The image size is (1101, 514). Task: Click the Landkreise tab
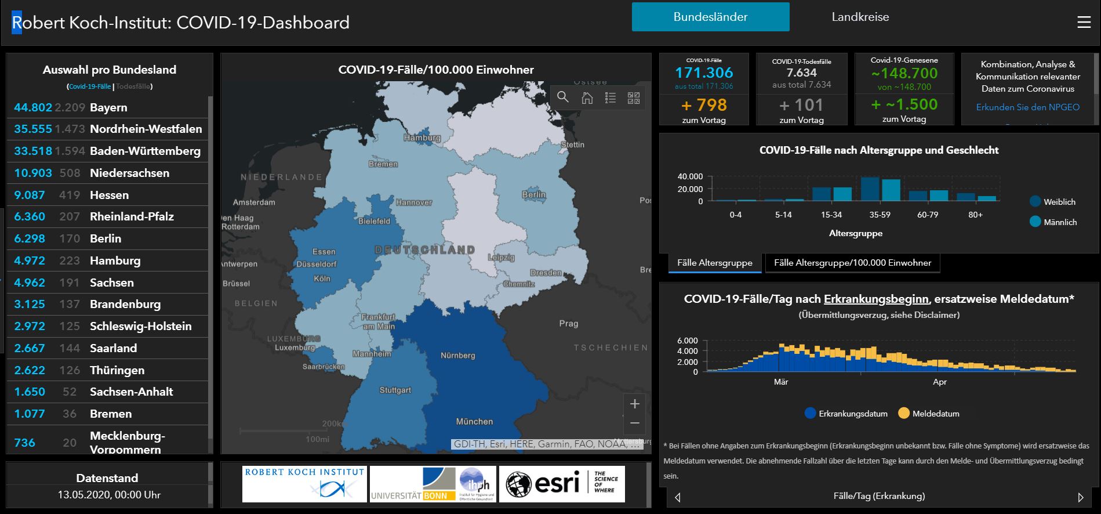pyautogui.click(x=860, y=17)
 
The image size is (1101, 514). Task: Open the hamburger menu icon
pyautogui.click(x=1084, y=22)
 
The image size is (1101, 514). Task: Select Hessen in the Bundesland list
pyautogui.click(x=109, y=195)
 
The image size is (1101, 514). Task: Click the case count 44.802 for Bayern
pyautogui.click(x=33, y=107)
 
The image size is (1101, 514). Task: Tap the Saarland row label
pyautogui.click(x=113, y=348)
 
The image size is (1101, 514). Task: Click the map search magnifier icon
pyautogui.click(x=563, y=97)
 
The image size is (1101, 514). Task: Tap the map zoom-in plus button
pyautogui.click(x=634, y=404)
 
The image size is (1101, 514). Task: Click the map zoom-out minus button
pyautogui.click(x=634, y=423)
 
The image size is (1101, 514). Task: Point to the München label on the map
pyautogui.click(x=474, y=422)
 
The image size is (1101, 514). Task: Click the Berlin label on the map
pyautogui.click(x=533, y=195)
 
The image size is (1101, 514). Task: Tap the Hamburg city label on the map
pyautogui.click(x=422, y=138)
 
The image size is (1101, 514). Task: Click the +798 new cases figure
pyautogui.click(x=704, y=105)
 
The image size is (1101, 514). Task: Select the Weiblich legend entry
pyautogui.click(x=1059, y=202)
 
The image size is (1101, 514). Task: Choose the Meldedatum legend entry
pyautogui.click(x=935, y=414)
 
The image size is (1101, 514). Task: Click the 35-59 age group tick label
pyautogui.click(x=880, y=215)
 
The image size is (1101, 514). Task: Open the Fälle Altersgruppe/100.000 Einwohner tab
pyautogui.click(x=852, y=263)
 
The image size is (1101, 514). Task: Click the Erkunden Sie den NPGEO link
pyautogui.click(x=1027, y=107)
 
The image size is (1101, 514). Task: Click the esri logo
pyautogui.click(x=561, y=484)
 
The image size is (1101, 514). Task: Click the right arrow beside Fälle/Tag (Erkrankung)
pyautogui.click(x=1080, y=497)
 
